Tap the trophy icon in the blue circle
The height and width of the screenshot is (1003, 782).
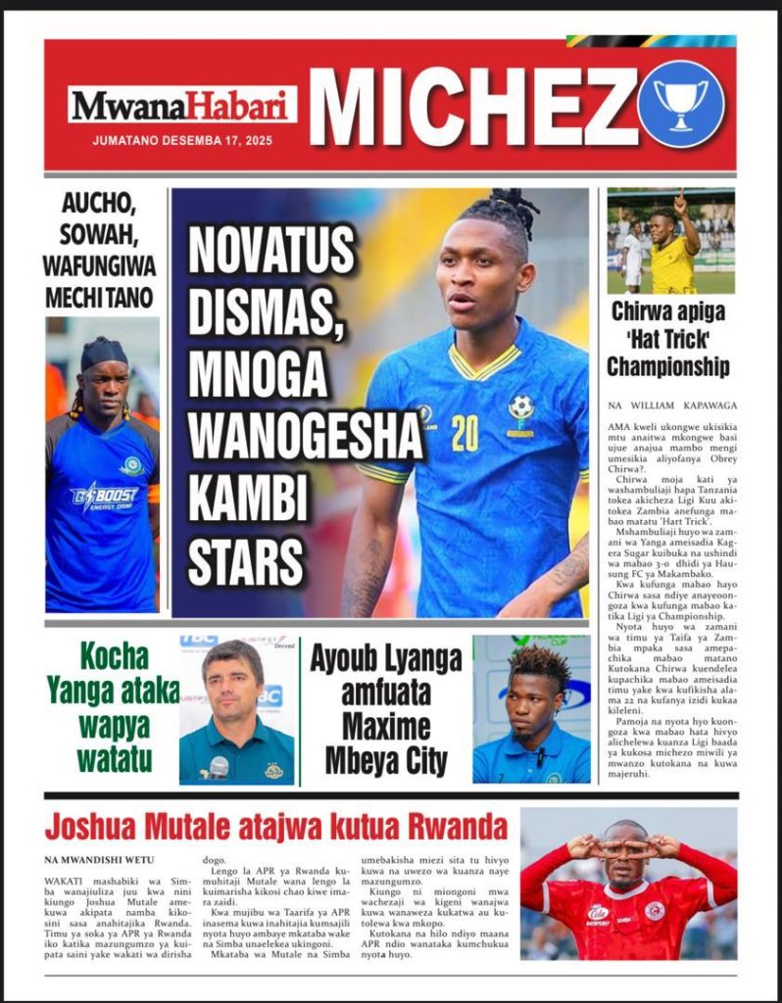tap(680, 104)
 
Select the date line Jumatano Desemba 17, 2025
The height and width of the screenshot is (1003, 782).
tap(182, 140)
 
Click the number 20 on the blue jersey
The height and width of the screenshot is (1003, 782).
tap(464, 433)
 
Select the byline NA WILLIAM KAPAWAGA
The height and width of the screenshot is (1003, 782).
tap(670, 405)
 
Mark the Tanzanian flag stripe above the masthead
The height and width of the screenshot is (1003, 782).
tap(652, 41)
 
